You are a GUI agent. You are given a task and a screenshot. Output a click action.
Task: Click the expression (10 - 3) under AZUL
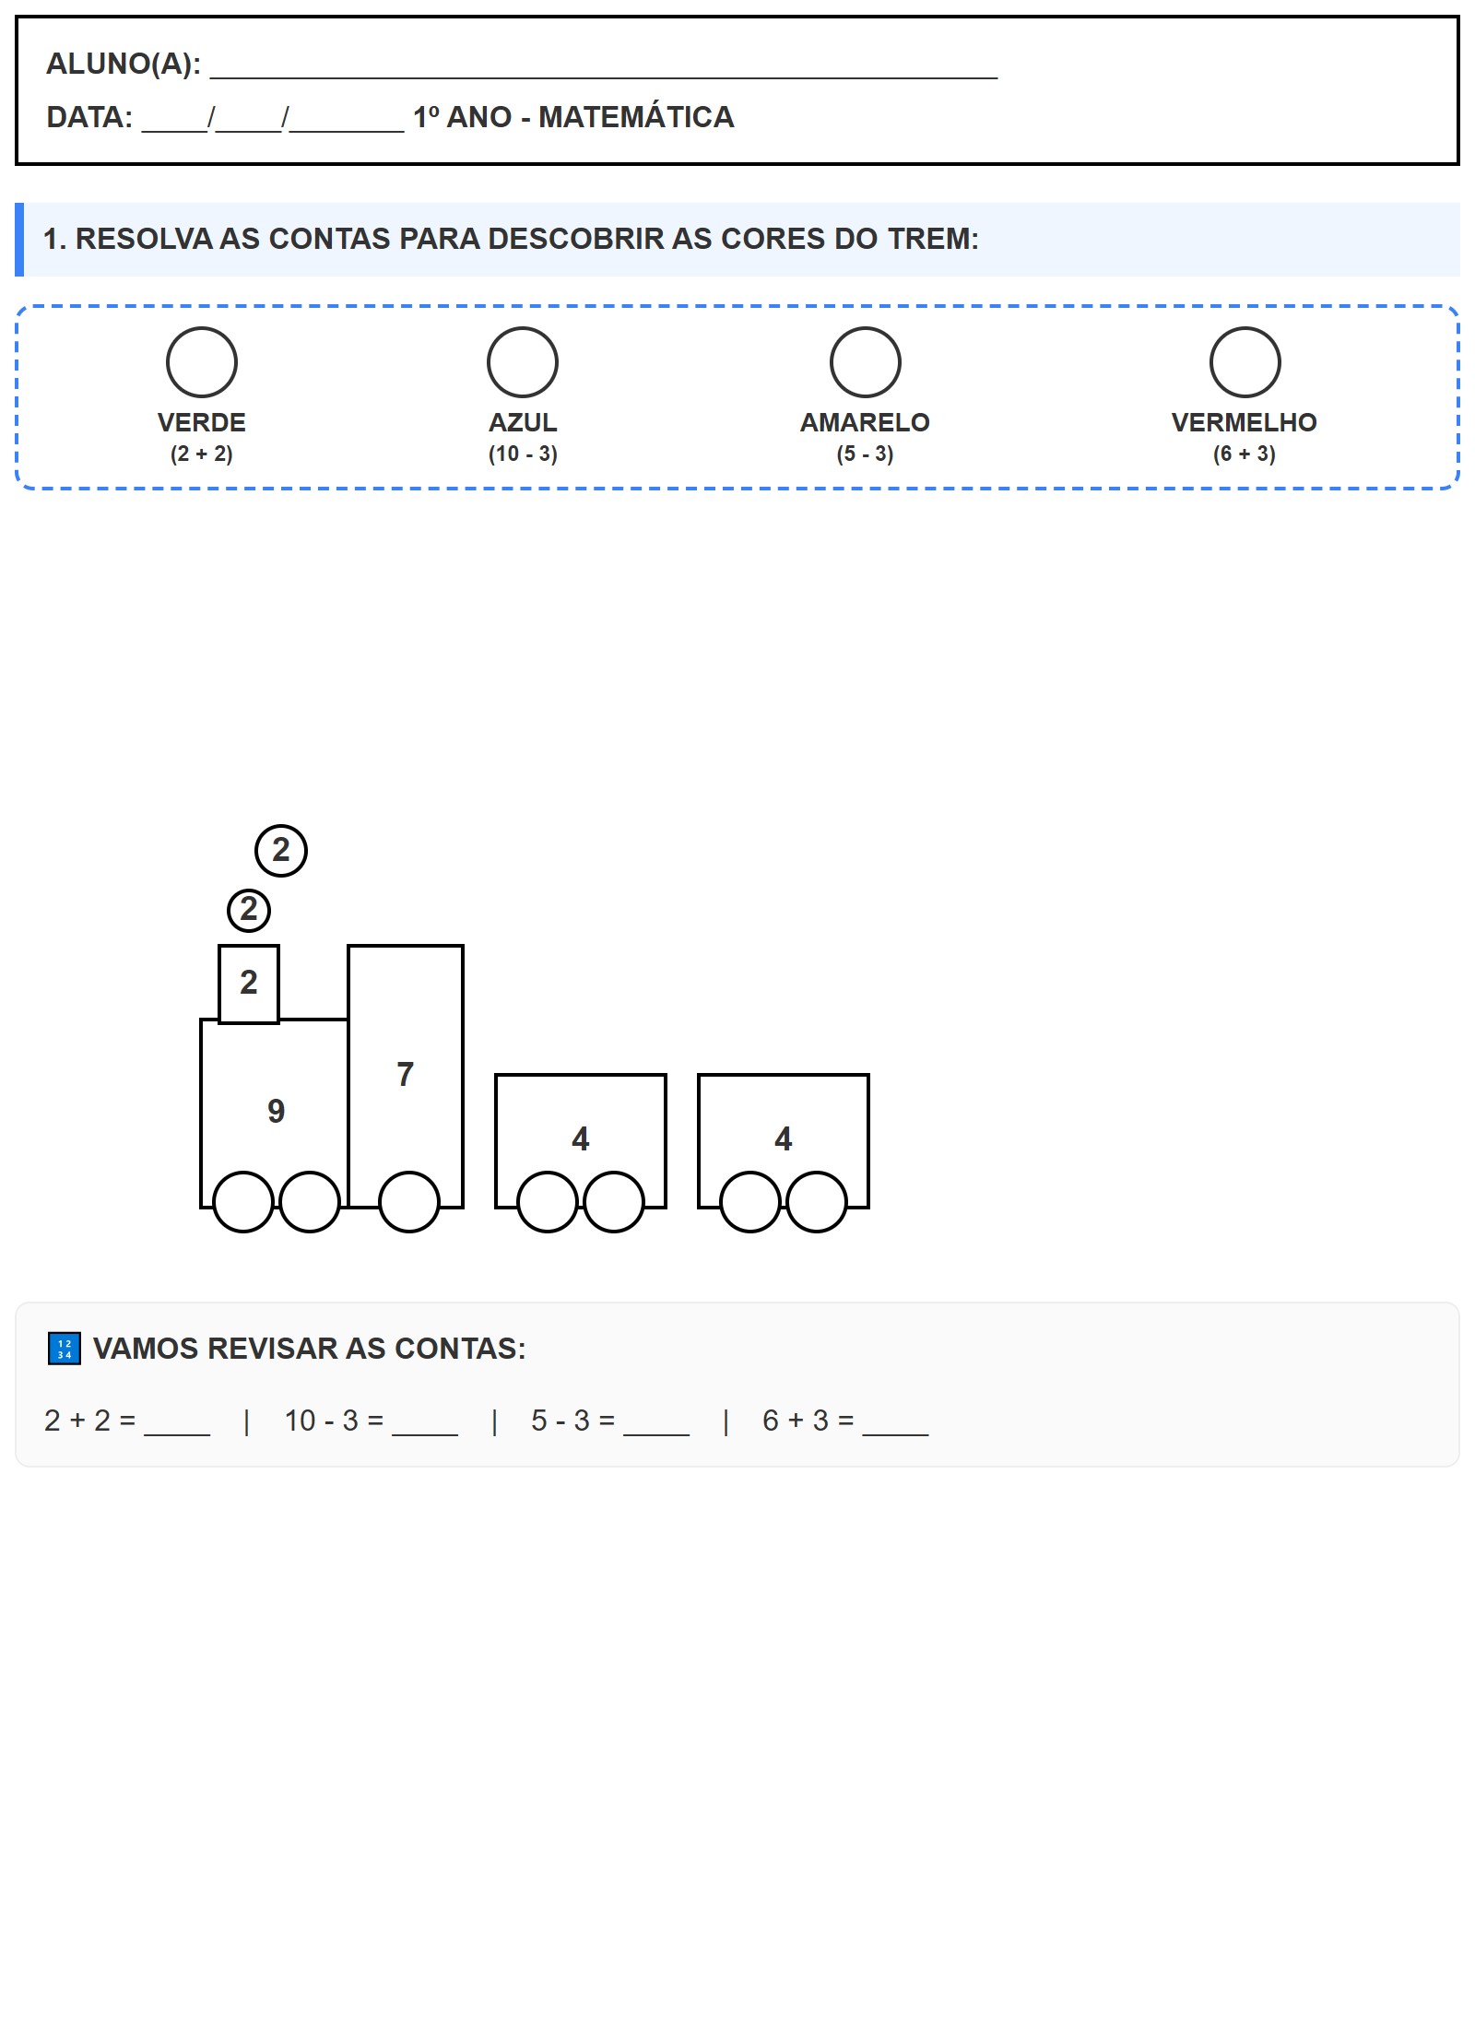tap(523, 454)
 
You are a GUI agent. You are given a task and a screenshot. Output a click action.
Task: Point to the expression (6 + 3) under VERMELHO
tap(1245, 454)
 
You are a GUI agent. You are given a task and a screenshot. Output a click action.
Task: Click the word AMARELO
tap(865, 422)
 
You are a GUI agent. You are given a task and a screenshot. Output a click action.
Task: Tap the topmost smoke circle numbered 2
tap(281, 850)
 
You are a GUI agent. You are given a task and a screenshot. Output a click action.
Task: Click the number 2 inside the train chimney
tap(249, 983)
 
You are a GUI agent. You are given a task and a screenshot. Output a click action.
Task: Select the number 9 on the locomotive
tap(277, 1112)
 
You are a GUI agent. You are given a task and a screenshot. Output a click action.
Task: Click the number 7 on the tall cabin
tap(406, 1075)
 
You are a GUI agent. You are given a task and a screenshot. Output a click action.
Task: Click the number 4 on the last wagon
tap(784, 1139)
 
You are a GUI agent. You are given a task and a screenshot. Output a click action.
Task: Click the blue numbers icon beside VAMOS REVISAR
tap(65, 1349)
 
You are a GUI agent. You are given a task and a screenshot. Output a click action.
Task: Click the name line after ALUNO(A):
tap(604, 77)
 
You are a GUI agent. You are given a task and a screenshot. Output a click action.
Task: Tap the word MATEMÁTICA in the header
tap(636, 117)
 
